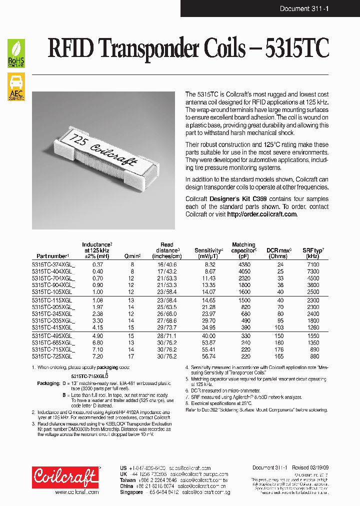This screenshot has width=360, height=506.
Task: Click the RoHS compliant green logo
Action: coord(16,53)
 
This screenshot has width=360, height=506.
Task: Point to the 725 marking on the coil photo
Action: coord(78,138)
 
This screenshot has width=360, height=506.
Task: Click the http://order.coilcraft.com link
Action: coord(262,214)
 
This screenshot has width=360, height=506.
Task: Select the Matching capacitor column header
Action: coord(243,250)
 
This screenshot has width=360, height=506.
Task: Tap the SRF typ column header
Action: coord(313,252)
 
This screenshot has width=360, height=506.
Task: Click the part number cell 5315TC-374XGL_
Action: coord(53,264)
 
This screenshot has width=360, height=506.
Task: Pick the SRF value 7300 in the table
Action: coord(313,270)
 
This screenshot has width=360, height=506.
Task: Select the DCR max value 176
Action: coord(278,350)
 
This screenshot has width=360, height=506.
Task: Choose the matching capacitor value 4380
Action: coord(243,264)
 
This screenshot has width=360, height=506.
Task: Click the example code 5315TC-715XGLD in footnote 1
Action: coord(89,375)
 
